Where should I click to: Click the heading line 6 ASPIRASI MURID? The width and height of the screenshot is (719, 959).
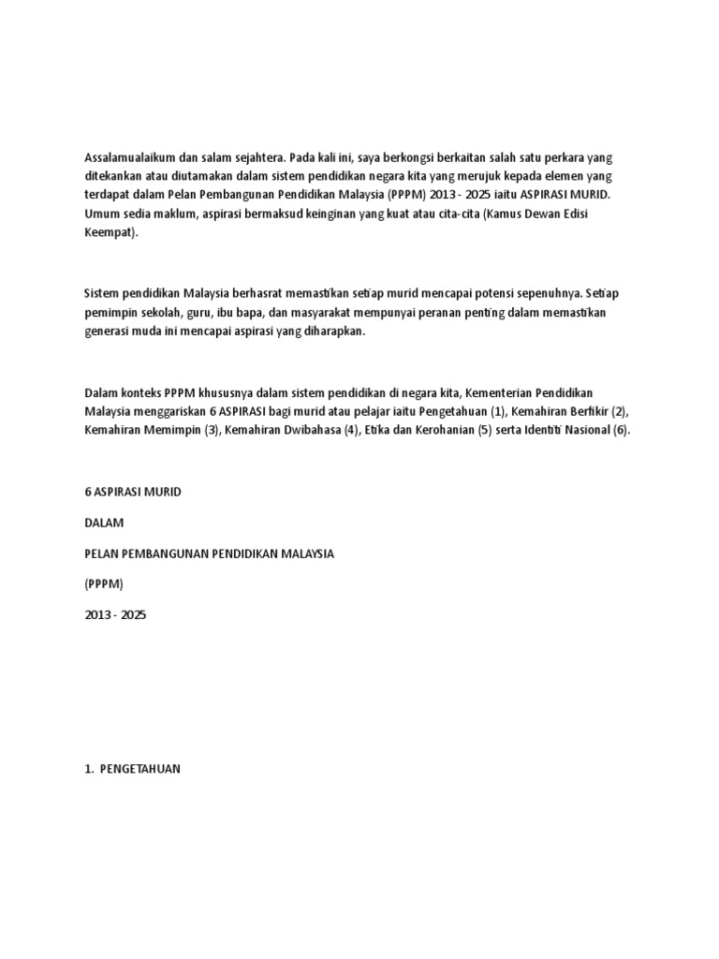click(133, 491)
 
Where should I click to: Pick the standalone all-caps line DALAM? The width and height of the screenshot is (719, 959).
click(103, 522)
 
